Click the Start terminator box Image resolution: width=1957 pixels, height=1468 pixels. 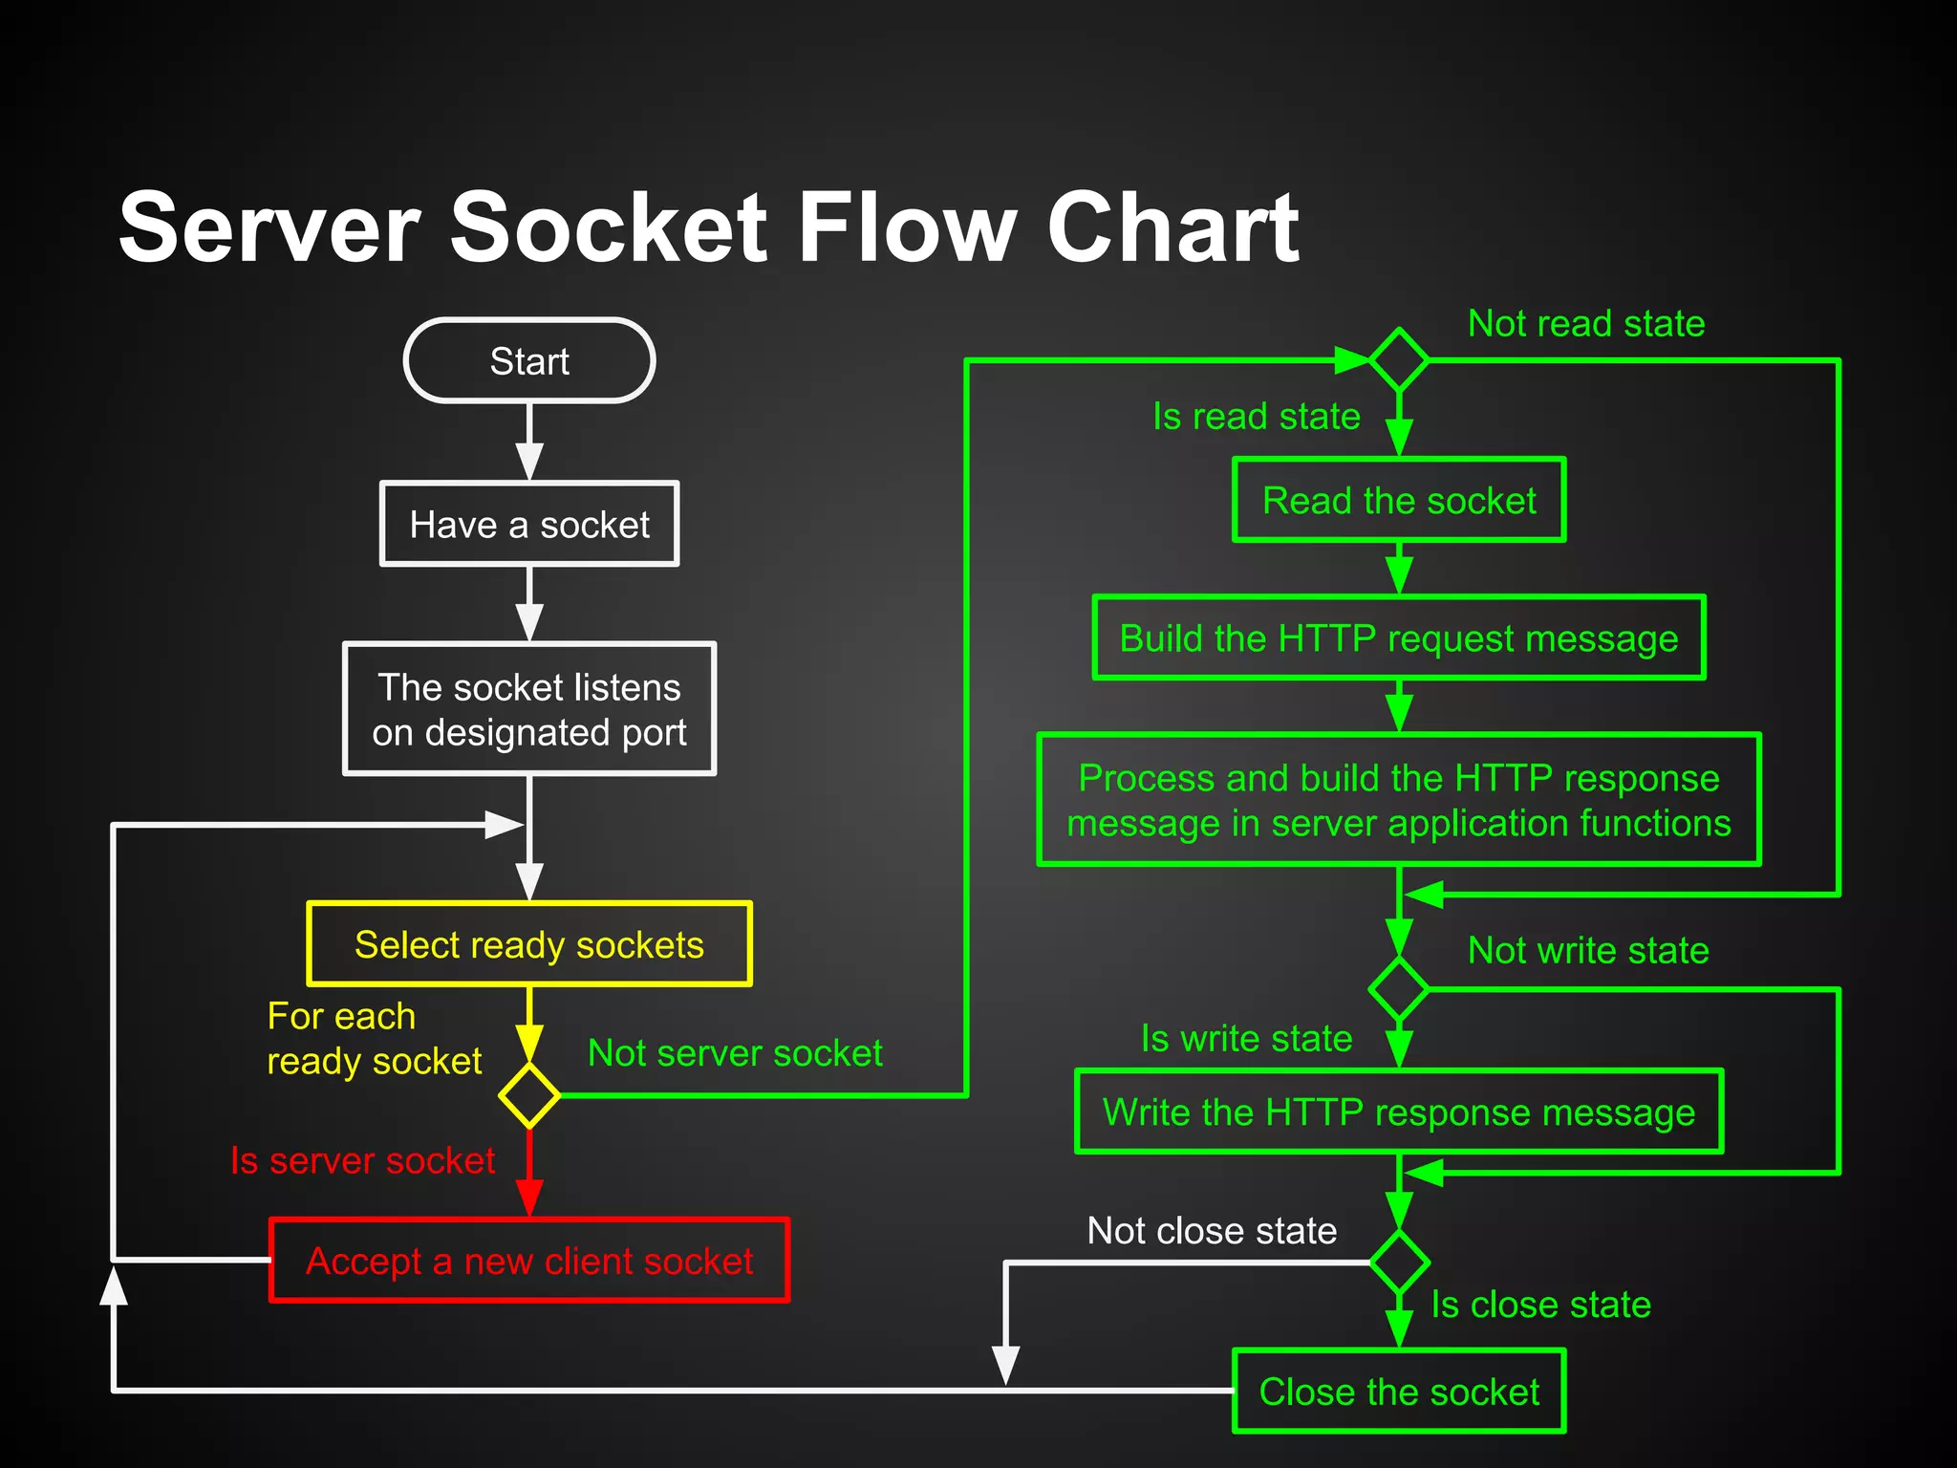tap(529, 360)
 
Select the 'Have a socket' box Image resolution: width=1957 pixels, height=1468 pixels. tap(529, 524)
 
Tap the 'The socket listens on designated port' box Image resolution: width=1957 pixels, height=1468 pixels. tap(529, 708)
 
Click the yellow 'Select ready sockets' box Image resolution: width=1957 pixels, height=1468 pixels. tap(529, 944)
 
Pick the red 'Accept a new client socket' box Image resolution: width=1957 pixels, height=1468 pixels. tap(529, 1261)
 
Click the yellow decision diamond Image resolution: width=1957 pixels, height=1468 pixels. tap(529, 1095)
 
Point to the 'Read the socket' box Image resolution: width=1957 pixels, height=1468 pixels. tap(1399, 500)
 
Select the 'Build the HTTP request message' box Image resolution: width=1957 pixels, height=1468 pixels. tap(1399, 637)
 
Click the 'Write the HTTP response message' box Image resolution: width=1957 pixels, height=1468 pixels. tap(1399, 1112)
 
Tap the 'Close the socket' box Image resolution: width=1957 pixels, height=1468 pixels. tap(1399, 1392)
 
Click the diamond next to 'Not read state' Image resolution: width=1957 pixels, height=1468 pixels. tap(1399, 359)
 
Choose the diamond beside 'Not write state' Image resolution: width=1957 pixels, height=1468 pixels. tap(1399, 989)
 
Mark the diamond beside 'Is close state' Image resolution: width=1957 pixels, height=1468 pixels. tap(1399, 1263)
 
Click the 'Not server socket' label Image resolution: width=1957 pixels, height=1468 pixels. tap(735, 1052)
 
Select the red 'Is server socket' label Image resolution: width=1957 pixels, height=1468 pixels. tap(362, 1160)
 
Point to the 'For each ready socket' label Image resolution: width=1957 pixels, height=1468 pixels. tap(373, 1038)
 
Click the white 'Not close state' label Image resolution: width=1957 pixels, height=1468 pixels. tap(1212, 1230)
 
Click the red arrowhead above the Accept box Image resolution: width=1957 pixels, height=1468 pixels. tap(529, 1198)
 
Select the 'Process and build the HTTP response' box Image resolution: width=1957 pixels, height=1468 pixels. tap(1399, 800)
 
